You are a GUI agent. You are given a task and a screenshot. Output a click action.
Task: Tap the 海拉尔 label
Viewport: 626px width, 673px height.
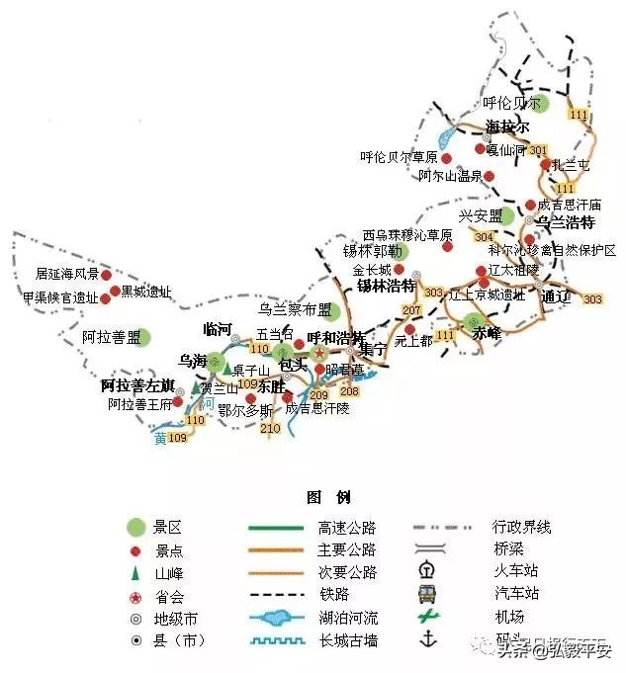[x=507, y=127]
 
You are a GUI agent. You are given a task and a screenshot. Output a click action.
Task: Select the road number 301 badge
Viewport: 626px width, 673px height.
[x=538, y=150]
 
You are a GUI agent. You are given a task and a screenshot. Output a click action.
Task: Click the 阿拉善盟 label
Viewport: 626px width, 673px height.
[x=111, y=338]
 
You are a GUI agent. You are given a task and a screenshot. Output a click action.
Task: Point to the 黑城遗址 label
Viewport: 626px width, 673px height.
[x=145, y=292]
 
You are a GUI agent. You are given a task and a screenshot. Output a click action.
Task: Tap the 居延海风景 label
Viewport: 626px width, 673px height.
[x=67, y=273]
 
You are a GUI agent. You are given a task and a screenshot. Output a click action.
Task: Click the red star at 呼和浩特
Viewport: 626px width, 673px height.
[x=319, y=353]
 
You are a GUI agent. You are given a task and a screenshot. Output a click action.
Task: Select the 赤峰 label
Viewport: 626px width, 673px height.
[x=487, y=333]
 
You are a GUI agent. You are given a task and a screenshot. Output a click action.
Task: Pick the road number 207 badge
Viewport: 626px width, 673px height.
[x=412, y=311]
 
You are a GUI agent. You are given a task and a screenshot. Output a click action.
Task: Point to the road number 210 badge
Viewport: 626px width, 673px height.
[x=270, y=429]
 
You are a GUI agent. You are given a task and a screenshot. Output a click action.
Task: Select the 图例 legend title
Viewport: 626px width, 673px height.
[x=327, y=497]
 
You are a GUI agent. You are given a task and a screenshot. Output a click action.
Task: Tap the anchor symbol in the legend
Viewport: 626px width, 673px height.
[x=428, y=640]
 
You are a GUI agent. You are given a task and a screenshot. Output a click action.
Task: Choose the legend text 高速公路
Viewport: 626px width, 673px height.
[x=347, y=528]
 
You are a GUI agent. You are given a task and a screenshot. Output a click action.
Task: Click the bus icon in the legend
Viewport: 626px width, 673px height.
[x=428, y=594]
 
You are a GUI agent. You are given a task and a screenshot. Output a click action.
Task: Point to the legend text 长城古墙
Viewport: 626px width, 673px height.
[x=347, y=641]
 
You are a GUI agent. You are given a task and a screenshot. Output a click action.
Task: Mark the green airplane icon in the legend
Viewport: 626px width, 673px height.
[x=428, y=618]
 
